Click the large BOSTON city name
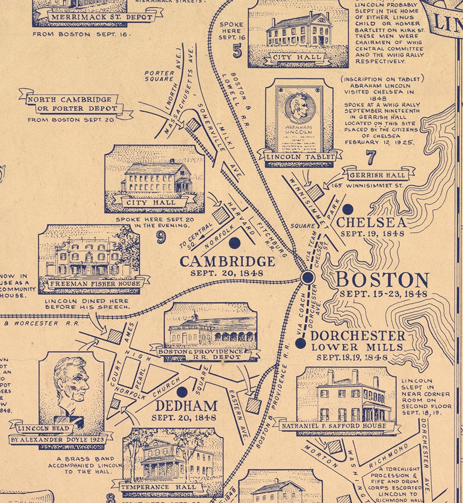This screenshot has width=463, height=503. click(x=382, y=280)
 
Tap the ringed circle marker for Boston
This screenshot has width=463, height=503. click(x=308, y=277)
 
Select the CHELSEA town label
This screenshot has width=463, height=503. click(x=371, y=222)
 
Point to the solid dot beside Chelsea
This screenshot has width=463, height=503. click(x=348, y=209)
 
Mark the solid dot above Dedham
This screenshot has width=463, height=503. click(x=182, y=392)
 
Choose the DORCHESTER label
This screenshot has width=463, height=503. click(x=358, y=336)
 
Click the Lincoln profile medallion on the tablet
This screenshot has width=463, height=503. click(x=299, y=108)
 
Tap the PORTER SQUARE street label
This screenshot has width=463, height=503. click(x=159, y=76)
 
